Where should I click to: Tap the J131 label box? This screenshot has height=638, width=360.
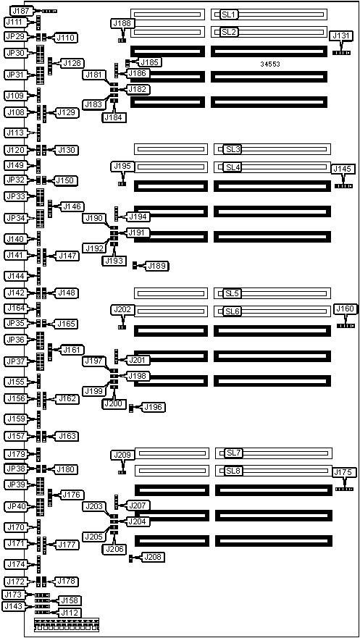pos(341,35)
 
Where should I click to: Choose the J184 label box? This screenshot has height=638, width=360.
pos(114,117)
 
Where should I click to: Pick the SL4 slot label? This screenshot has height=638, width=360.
pos(233,167)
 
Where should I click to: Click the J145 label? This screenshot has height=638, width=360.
pos(343,169)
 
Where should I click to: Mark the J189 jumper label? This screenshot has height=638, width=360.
pos(158,266)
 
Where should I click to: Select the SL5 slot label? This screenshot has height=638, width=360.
pos(233,293)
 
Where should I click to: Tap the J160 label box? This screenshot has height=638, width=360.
pos(345,308)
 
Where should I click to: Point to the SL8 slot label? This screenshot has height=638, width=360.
pos(234,471)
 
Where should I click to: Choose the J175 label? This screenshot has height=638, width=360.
pos(345,472)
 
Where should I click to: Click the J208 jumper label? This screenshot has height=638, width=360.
pos(154,557)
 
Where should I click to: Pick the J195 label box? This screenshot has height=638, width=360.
pos(122,166)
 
